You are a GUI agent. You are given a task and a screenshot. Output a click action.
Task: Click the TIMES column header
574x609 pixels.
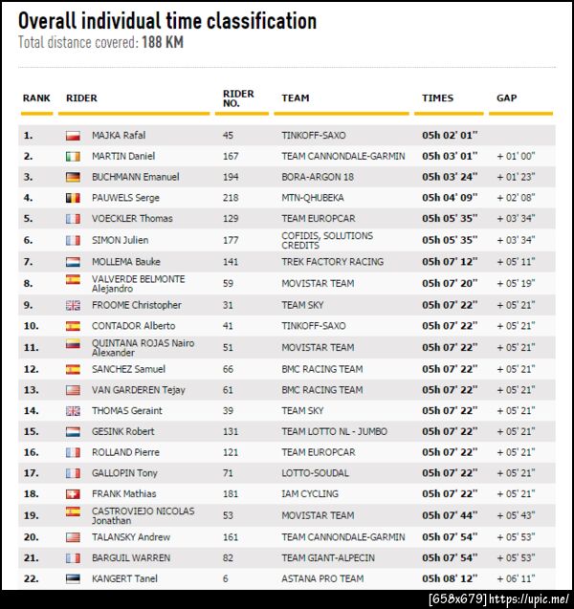pos(438,98)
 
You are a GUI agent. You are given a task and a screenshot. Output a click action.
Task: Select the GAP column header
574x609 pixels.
pos(507,98)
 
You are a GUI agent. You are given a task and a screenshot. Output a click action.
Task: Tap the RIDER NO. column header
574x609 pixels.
pos(238,98)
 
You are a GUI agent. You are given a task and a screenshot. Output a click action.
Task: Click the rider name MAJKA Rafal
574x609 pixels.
pos(119,135)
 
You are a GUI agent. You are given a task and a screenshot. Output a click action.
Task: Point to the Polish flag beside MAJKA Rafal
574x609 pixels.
pos(73,136)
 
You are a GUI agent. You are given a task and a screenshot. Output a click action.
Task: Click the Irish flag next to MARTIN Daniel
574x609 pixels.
pos(73,156)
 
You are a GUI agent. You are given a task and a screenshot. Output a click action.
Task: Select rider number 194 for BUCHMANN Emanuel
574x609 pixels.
pos(232,177)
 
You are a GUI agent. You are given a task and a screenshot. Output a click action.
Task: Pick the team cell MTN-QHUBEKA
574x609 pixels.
pos(313,198)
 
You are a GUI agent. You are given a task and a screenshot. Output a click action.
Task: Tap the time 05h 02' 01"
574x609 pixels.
pos(450,135)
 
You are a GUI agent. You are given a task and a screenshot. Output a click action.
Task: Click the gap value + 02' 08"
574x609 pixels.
pos(516,198)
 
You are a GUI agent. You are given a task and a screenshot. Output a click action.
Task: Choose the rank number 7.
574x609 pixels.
pos(28,261)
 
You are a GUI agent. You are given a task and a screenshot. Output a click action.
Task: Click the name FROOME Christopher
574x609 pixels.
pos(136,305)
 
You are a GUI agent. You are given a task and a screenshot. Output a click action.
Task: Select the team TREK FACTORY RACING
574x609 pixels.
pos(332,261)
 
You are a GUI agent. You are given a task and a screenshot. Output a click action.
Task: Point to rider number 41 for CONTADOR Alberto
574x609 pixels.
pos(229,326)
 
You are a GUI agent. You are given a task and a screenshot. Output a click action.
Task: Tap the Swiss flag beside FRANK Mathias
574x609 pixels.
pos(73,494)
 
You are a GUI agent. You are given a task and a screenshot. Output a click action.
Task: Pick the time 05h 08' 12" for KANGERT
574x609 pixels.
pos(450,578)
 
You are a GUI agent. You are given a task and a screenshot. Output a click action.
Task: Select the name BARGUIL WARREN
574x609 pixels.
pos(131,557)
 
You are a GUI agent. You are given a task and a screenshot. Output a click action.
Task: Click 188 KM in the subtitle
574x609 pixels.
pos(163,43)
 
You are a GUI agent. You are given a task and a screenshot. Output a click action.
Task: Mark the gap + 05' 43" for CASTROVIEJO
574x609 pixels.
pos(516,515)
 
